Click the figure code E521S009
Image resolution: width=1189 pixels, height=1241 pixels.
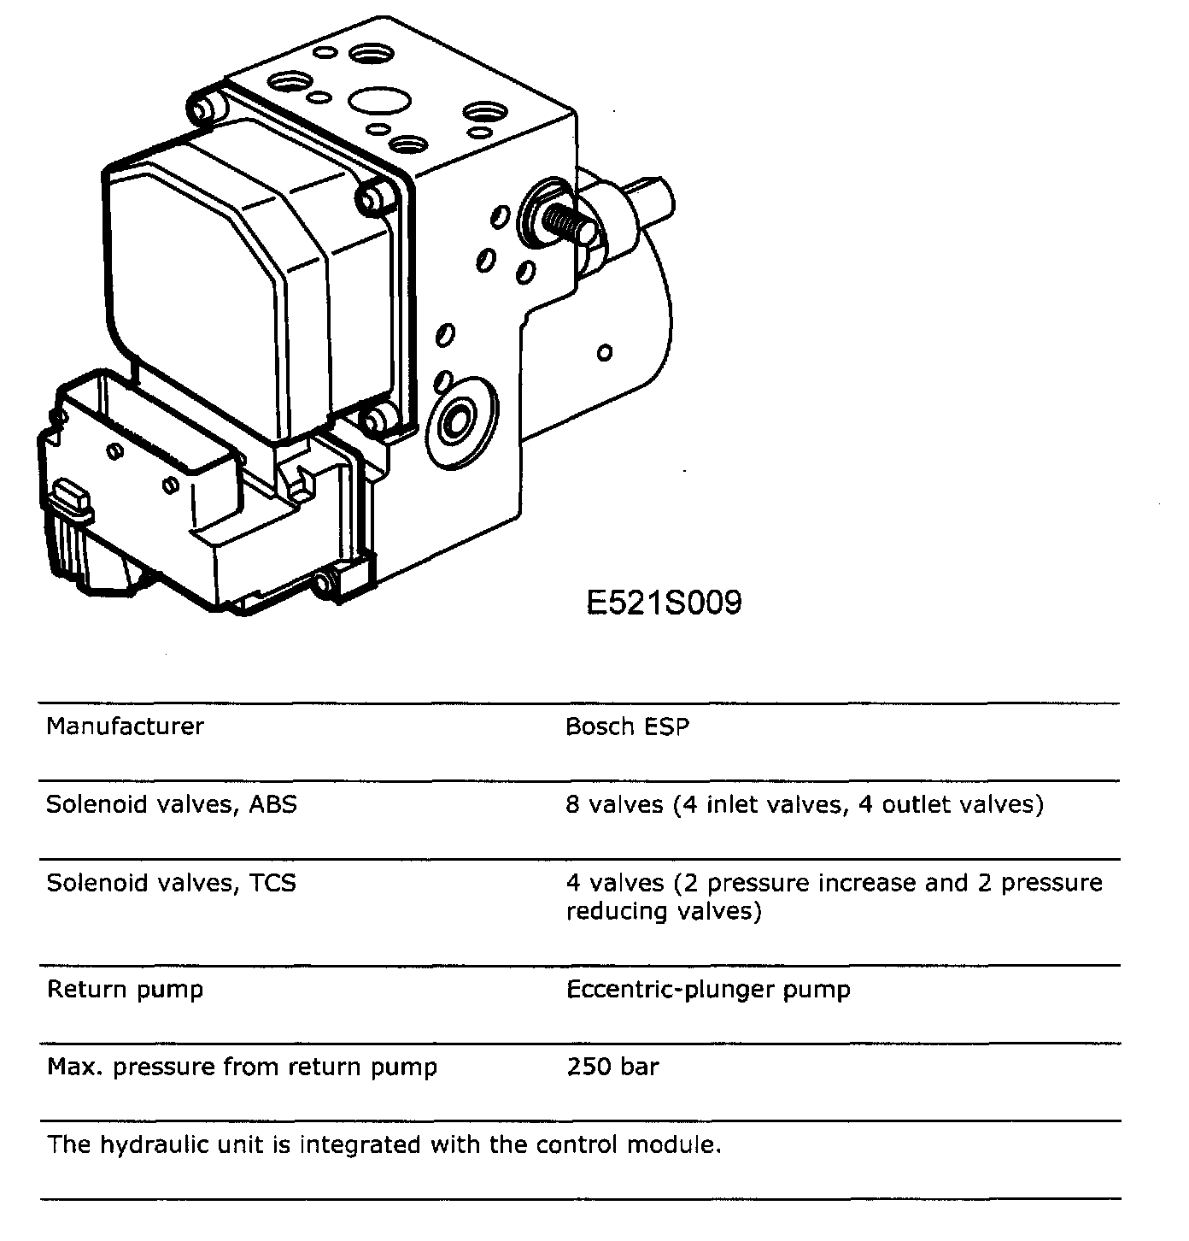point(664,603)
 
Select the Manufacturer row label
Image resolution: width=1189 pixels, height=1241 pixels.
point(125,726)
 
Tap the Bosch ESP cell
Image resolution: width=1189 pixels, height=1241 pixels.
point(627,726)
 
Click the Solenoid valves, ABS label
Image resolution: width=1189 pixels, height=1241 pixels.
point(171,804)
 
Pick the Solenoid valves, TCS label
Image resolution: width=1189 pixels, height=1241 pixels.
point(171,882)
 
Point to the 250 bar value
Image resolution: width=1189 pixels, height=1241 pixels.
point(612,1067)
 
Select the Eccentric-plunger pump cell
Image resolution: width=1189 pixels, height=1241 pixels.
point(708,990)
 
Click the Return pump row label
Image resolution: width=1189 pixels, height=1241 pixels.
point(125,990)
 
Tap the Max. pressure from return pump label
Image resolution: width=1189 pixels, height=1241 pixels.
point(242,1067)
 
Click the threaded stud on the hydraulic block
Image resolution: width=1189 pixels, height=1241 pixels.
point(569,224)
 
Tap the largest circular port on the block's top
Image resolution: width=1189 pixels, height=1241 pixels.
point(378,103)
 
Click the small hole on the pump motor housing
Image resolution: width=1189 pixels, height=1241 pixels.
point(605,351)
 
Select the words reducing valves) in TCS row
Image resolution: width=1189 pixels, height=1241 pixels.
point(663,911)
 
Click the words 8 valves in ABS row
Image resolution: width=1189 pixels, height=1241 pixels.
point(614,804)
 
